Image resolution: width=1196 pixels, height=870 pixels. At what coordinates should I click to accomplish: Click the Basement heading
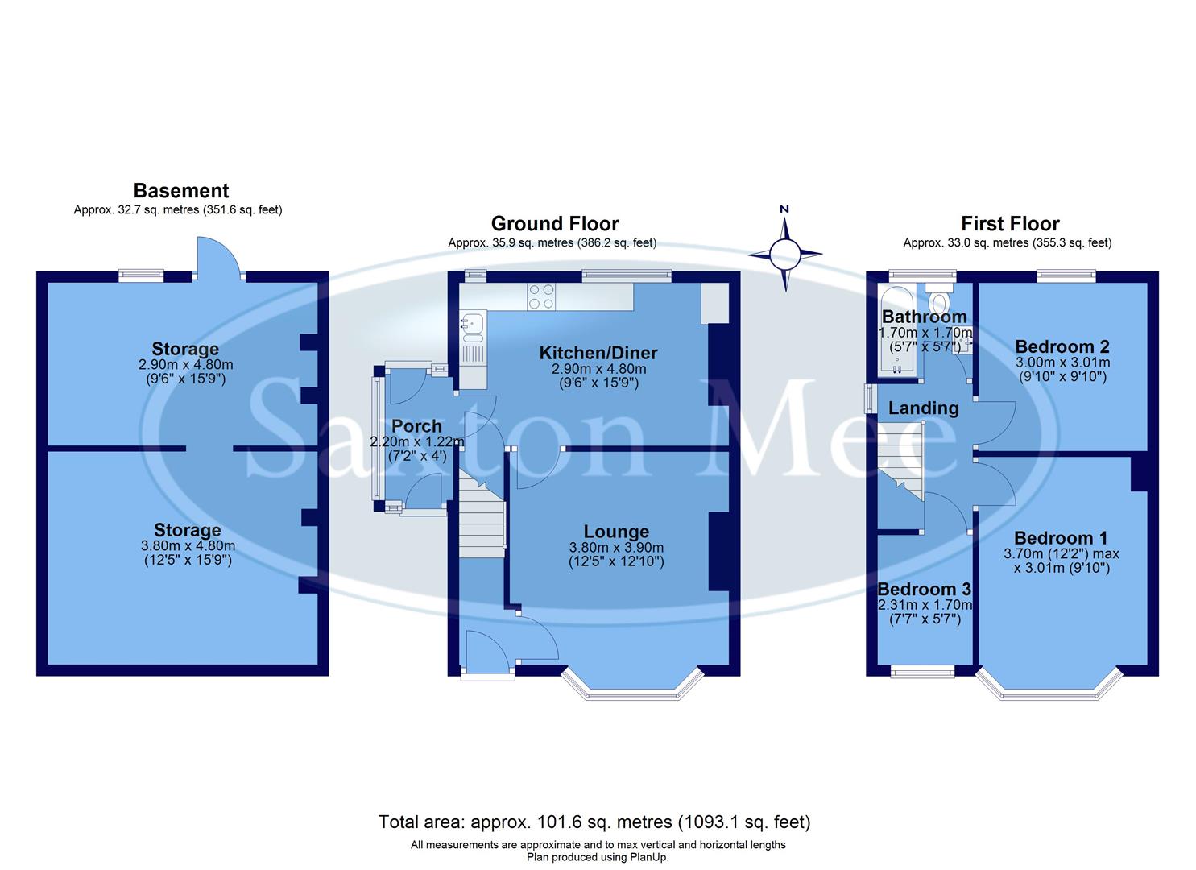pos(181,191)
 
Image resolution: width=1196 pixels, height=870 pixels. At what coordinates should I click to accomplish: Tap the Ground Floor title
pos(555,224)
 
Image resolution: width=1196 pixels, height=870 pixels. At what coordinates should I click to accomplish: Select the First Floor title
pos(1010,224)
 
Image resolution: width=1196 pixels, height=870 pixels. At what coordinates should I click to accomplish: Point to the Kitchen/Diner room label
pos(598,353)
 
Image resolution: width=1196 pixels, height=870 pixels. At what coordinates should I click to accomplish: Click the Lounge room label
pos(616,532)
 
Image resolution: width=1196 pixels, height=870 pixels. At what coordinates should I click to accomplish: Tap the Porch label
pos(416,426)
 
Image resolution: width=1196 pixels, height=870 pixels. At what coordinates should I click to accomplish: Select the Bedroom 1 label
pos(1061,538)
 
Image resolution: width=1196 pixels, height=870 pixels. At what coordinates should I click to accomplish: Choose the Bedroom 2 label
pos(1062,346)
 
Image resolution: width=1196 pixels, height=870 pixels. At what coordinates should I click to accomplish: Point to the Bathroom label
pos(924,317)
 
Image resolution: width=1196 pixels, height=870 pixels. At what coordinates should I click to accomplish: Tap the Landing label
pos(923,408)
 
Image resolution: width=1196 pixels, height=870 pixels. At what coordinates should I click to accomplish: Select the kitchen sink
pos(472,325)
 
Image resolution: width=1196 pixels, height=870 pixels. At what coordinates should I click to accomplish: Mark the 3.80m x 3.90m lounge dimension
pos(616,548)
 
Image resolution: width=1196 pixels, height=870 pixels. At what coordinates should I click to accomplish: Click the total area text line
pos(594,822)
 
